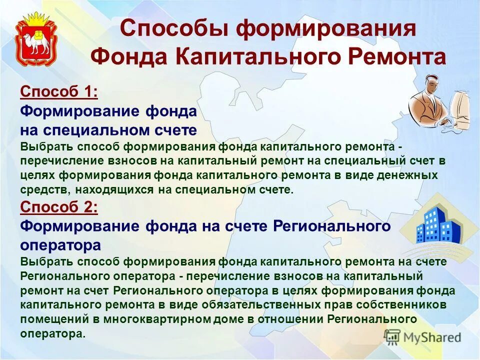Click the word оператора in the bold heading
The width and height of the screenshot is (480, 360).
[x=60, y=245]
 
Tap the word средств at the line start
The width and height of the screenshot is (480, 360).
[x=41, y=189]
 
